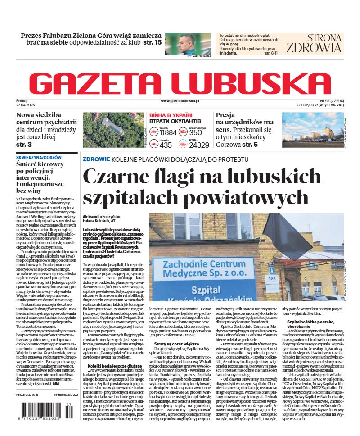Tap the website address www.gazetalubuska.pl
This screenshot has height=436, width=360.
pyautogui.click(x=180, y=101)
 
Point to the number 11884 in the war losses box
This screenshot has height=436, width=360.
pyautogui.click(x=168, y=132)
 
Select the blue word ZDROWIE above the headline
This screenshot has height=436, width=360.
pyautogui.click(x=96, y=159)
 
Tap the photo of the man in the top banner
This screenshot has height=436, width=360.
pyautogui.click(x=188, y=44)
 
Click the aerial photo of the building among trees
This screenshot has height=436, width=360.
pyautogui.click(x=113, y=129)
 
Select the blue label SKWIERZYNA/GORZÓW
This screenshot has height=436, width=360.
pyautogui.click(x=39, y=158)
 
